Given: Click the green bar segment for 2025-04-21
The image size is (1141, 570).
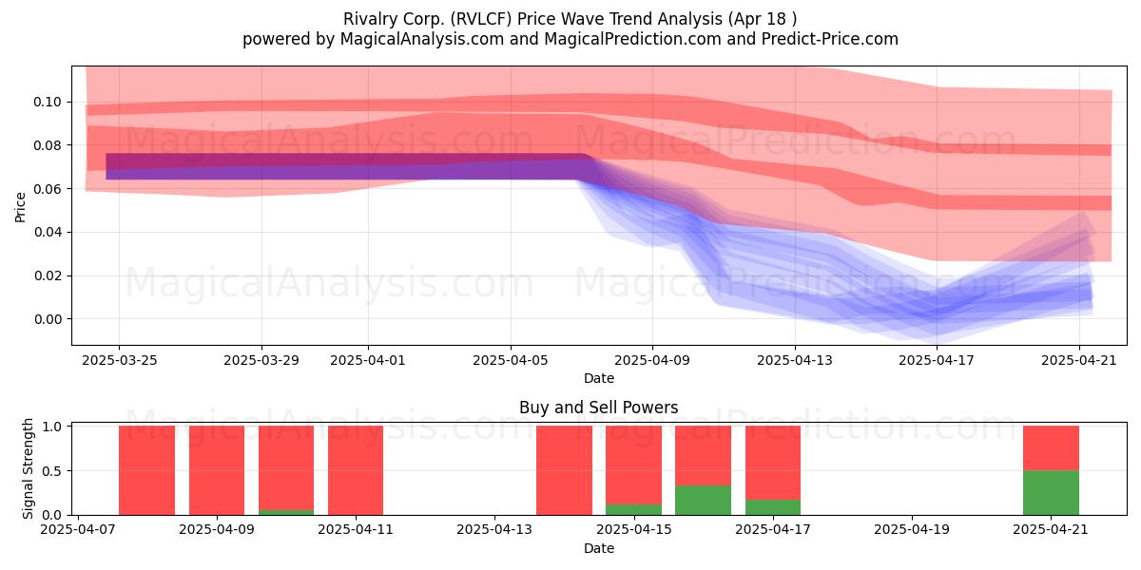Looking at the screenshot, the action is [1051, 493].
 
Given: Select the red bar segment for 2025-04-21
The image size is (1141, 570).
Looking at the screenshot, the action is [1051, 448].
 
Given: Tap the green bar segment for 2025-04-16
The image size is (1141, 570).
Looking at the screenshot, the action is [703, 501].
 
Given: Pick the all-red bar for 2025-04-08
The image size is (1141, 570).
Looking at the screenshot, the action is [146, 470].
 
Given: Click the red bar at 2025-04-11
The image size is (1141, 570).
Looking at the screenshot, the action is [356, 470].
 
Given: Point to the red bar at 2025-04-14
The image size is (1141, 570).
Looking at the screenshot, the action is [565, 470].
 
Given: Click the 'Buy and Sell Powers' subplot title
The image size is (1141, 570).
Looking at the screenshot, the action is [598, 408].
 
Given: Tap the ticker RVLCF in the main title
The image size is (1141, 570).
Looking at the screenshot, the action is [483, 19].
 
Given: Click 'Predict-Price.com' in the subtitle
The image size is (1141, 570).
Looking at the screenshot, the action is [830, 39].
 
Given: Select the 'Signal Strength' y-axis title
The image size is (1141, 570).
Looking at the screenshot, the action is [27, 468].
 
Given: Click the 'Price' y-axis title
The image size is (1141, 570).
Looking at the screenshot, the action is [20, 207].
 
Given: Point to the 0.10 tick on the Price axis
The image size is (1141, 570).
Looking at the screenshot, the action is [48, 103].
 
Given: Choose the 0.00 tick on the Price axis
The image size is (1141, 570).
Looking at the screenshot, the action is [48, 319].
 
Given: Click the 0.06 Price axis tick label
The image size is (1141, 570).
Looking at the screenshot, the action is [48, 189].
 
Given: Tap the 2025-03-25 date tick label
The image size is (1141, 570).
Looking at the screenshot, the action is [120, 360].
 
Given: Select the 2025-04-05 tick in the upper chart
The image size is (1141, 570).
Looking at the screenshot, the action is [511, 360].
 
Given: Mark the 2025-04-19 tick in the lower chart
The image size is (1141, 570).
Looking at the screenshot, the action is [912, 530].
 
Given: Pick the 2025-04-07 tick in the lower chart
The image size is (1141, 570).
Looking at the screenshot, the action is [78, 530].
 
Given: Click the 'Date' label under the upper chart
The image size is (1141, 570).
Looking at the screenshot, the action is [599, 378].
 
